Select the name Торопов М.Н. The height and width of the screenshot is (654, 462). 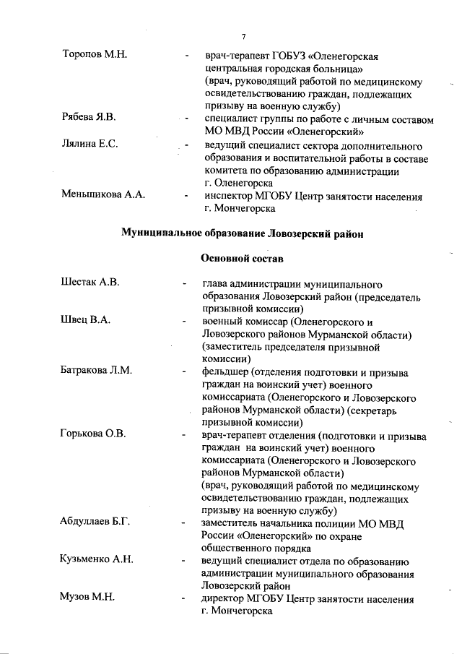tap(95, 56)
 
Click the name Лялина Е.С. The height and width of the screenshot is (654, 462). tap(90, 143)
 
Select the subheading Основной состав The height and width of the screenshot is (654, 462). tap(240, 258)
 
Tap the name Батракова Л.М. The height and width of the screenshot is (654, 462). tap(95, 371)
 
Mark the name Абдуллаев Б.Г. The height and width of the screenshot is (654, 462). tap(95, 522)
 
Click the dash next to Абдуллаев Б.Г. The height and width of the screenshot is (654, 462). tap(186, 523)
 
